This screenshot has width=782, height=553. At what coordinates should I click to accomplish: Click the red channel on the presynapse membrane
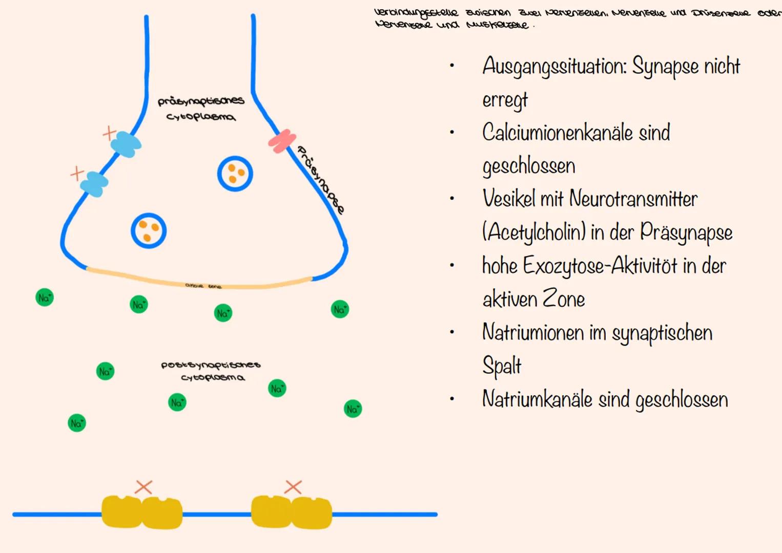[282, 141]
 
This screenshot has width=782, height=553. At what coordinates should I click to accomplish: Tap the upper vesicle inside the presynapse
[235, 174]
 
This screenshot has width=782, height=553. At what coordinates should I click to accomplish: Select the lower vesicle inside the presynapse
[149, 230]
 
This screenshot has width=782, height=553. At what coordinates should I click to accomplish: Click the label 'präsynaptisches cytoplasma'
[201, 109]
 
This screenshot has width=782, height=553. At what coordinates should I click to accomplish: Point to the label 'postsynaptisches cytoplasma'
[211, 371]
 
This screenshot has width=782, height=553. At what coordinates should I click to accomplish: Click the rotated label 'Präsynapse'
[321, 180]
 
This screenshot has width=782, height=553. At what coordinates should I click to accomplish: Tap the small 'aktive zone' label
[203, 286]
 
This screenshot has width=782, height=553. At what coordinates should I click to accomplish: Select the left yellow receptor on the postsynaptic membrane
[142, 512]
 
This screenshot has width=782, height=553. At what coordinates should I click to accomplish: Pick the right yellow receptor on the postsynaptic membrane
[291, 512]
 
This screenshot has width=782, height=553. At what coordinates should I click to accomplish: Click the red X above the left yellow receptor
[143, 487]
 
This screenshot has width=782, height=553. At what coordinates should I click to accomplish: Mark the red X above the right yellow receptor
[293, 486]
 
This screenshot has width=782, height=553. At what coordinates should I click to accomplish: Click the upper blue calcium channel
[126, 144]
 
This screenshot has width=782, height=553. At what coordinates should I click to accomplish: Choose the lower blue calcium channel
[95, 184]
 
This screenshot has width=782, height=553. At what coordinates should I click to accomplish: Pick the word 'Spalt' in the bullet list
[502, 366]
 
